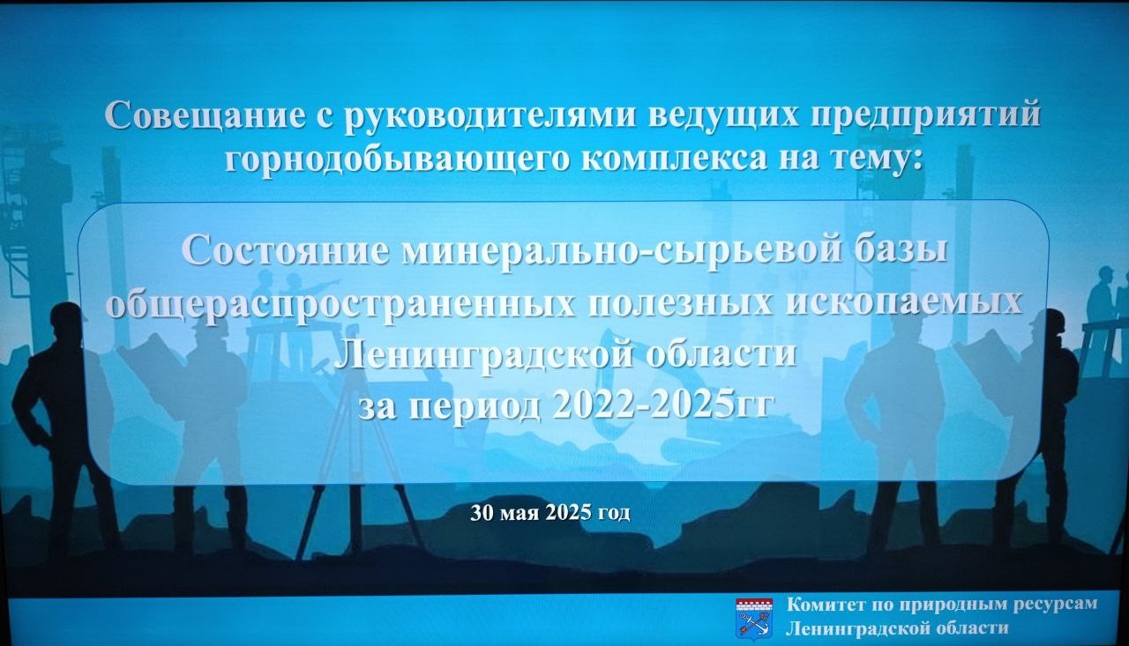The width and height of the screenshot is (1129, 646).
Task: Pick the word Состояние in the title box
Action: [285, 251]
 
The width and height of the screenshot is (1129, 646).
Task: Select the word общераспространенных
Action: [340, 304]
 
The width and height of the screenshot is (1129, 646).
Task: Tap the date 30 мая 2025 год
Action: [550, 513]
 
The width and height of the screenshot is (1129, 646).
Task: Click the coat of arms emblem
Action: [754, 616]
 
